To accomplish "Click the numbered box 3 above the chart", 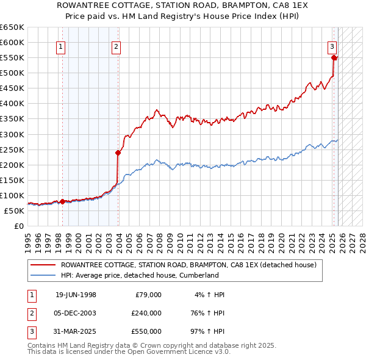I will click(x=332, y=46).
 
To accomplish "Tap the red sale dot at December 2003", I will click(x=118, y=153).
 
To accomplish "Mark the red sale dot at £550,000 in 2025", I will click(x=334, y=58).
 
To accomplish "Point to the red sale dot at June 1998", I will click(x=62, y=201).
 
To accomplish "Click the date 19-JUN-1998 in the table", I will click(x=76, y=295).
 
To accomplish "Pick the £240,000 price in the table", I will click(x=146, y=313).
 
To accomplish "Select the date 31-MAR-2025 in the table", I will click(x=76, y=331).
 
